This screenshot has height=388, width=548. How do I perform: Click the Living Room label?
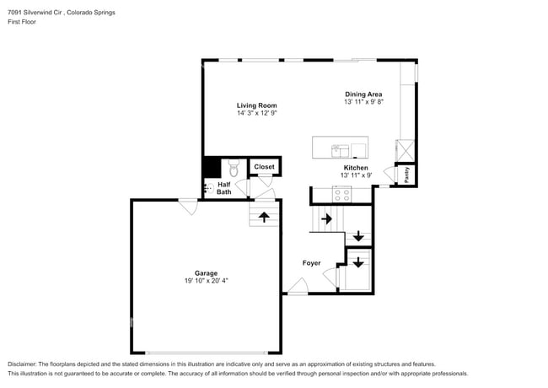click(x=256, y=105)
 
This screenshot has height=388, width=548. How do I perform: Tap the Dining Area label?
click(x=363, y=94)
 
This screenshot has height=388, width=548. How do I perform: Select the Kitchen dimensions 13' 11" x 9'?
click(x=355, y=175)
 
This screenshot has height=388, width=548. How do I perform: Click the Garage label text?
click(x=207, y=272)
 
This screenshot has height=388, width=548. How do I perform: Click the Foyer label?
click(x=311, y=263)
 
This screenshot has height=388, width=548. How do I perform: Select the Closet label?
click(x=264, y=167)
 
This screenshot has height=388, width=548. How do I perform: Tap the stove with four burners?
click(x=342, y=194)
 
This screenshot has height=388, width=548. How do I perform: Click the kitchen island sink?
click(x=340, y=150)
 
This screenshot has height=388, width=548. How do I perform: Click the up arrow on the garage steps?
click(x=264, y=217)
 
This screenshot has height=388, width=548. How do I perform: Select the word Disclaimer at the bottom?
click(x=23, y=364)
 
